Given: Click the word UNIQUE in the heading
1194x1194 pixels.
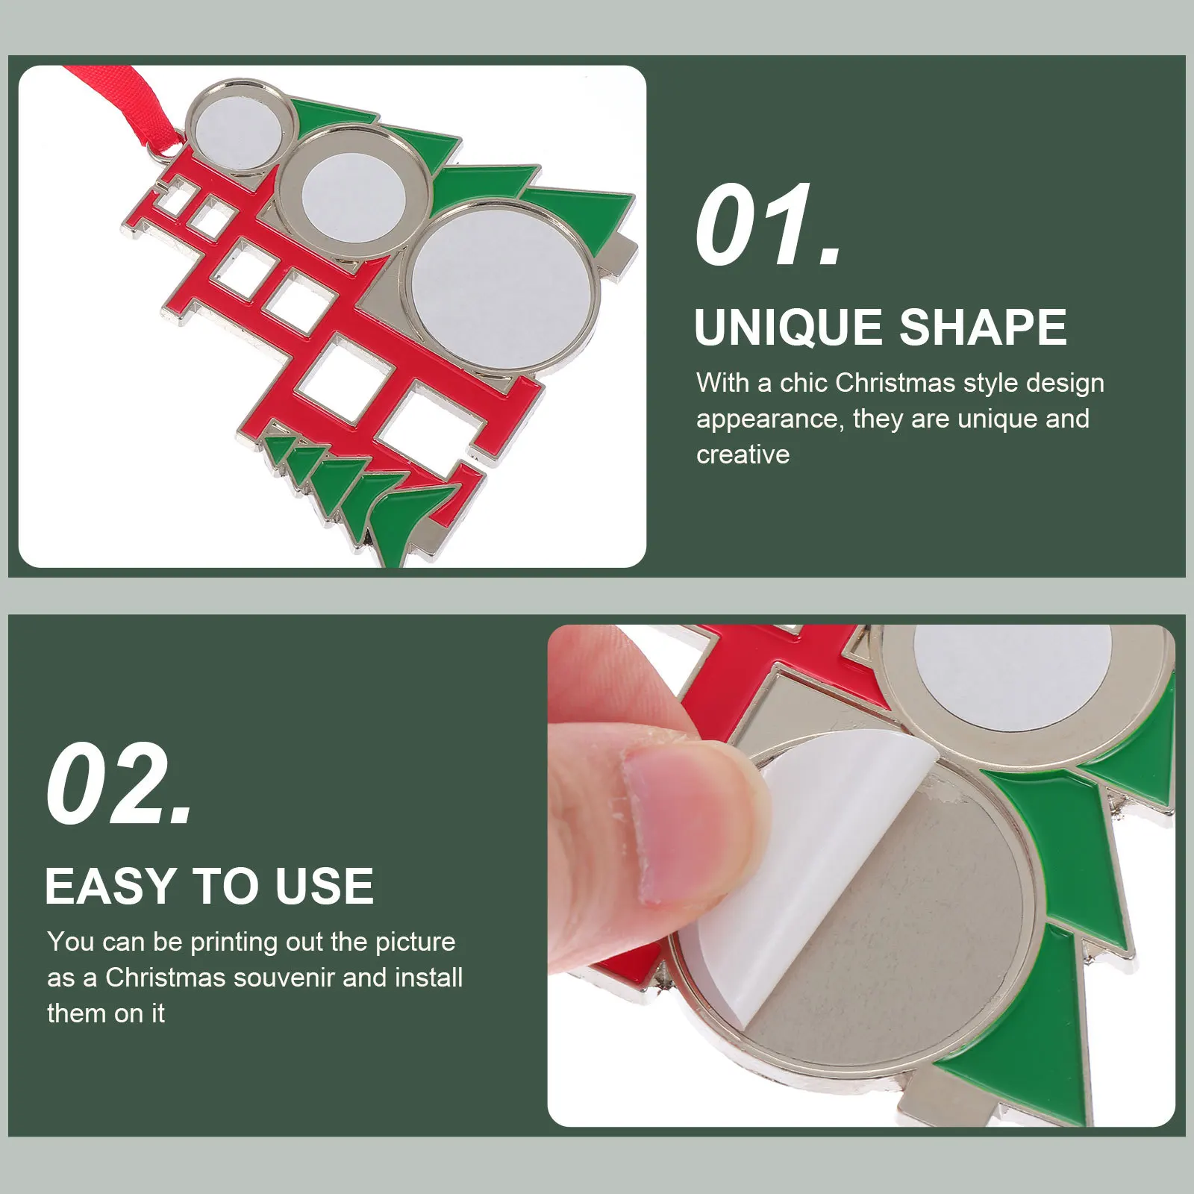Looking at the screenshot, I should [x=788, y=328].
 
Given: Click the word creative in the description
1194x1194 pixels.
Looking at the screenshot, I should [x=743, y=454].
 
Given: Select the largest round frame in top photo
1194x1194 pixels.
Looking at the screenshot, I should [x=504, y=288].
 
